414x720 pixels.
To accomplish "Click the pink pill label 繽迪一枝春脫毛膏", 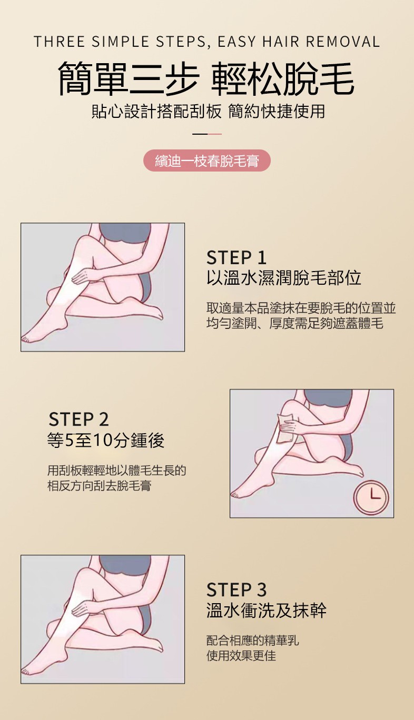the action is (x=207, y=161).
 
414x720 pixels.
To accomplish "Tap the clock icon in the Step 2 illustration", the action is (x=371, y=497).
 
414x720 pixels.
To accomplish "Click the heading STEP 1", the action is (x=236, y=257).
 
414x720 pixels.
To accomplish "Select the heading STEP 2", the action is (x=78, y=419).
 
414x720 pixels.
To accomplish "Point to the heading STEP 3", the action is (x=236, y=590).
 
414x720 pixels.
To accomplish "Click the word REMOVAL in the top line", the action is (x=343, y=42).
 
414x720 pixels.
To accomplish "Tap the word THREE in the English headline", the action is (x=59, y=42).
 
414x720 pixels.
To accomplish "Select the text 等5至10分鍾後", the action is (x=105, y=440).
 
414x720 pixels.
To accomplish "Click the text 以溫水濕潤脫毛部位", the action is (x=284, y=278).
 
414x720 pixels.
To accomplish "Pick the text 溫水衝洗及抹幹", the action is (x=267, y=611).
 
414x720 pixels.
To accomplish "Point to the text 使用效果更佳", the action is (x=241, y=654).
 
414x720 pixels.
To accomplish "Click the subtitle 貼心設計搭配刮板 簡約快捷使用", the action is (x=208, y=111).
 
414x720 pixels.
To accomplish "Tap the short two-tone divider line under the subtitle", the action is (x=207, y=134).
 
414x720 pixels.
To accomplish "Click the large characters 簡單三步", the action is (x=128, y=79).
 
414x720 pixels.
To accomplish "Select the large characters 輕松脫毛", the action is (x=283, y=79).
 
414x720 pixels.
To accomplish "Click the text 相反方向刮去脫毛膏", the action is (x=99, y=485).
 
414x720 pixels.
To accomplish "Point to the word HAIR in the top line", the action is (x=281, y=42).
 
